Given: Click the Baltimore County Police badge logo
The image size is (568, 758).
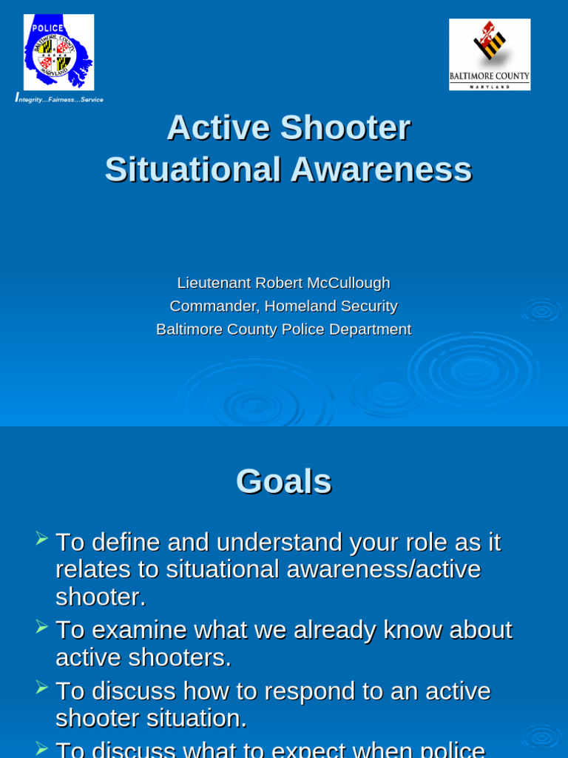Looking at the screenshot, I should [x=58, y=53].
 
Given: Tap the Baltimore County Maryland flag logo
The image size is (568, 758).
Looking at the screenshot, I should [x=489, y=54].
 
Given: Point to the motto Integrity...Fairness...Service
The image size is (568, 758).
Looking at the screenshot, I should [x=59, y=99].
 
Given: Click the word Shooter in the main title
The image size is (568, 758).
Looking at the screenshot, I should [x=345, y=127].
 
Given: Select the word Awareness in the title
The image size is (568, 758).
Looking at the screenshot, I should [x=380, y=170].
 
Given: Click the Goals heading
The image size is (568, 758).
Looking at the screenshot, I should [x=283, y=481].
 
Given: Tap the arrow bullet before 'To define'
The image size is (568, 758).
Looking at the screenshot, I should [x=42, y=538].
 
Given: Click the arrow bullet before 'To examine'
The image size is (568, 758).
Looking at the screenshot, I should [x=42, y=626].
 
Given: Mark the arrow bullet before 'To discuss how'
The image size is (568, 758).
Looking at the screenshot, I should [x=42, y=687].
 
